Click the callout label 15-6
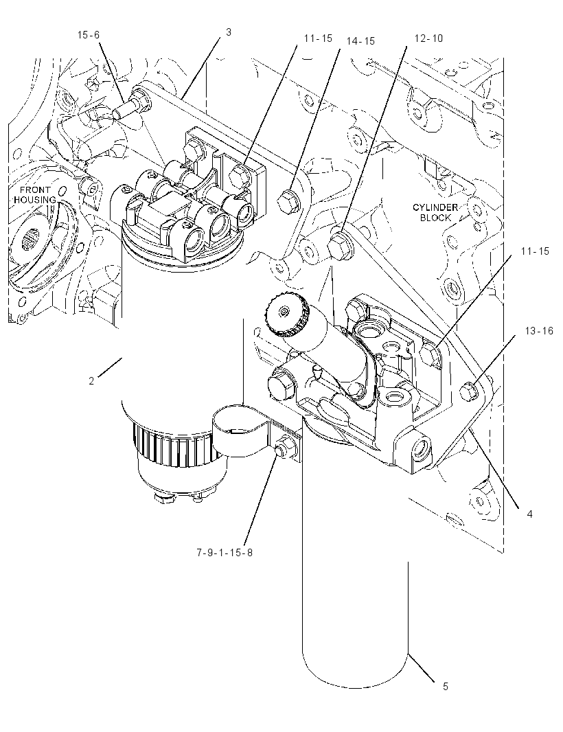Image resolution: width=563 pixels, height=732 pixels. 89,35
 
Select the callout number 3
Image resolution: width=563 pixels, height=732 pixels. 228,32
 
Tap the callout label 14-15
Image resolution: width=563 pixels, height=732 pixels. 360,41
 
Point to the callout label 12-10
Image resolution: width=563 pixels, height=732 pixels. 428,38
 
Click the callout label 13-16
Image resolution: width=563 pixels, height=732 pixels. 539,331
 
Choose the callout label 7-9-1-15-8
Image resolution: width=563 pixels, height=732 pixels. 224,553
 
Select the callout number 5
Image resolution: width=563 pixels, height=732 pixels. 446,687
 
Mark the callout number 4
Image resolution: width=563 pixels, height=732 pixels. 529,514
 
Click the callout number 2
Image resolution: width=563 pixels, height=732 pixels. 91,381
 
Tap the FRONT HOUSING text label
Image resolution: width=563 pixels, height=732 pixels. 34,195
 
